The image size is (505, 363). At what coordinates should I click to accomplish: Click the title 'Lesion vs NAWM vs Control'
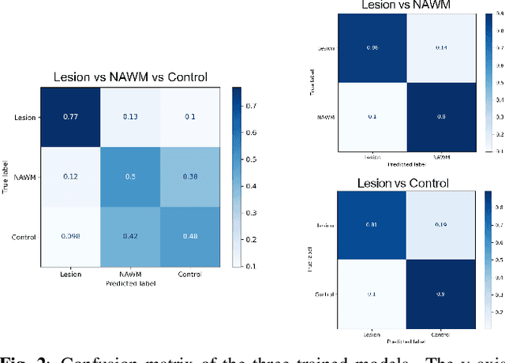pos(129,77)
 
